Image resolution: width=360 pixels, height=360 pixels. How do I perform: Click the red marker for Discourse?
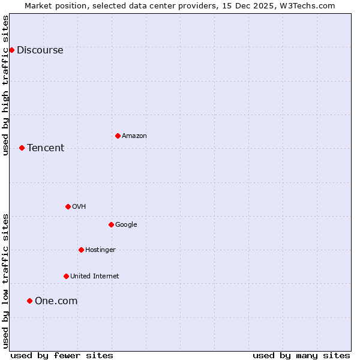11,50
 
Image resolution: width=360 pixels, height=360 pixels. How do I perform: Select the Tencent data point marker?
22,148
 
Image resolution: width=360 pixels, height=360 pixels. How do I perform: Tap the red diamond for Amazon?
118,136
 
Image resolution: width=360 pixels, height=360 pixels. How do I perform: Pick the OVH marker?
68,206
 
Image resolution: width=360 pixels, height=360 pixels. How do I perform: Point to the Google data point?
111,224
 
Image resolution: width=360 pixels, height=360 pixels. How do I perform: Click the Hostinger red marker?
81,250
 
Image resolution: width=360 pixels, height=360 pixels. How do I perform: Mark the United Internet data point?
66,276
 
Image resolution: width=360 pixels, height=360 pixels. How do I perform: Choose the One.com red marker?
29,301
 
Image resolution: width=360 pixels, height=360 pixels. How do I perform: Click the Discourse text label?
40,50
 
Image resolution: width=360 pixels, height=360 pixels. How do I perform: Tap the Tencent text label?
46,148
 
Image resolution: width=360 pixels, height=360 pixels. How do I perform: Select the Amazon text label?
134,136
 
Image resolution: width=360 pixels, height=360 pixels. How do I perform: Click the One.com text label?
56,301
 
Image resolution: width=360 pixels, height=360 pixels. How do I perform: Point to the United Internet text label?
94,277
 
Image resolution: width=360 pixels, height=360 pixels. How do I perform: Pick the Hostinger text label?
100,250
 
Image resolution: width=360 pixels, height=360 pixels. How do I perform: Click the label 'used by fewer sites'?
62,355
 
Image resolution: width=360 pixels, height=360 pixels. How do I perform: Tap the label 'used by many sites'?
301,355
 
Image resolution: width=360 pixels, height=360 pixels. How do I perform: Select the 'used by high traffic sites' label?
5,85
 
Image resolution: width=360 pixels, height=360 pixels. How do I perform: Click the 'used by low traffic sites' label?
5,281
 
